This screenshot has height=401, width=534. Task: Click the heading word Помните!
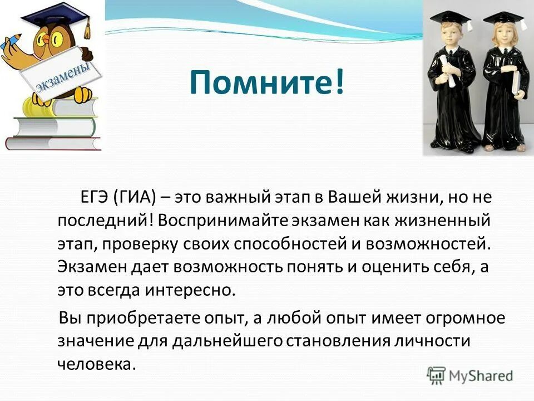coord(266,83)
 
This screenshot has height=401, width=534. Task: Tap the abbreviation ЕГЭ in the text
coord(93,198)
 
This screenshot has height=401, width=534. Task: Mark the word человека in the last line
coord(96,364)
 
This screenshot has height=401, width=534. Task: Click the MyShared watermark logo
coord(470,375)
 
